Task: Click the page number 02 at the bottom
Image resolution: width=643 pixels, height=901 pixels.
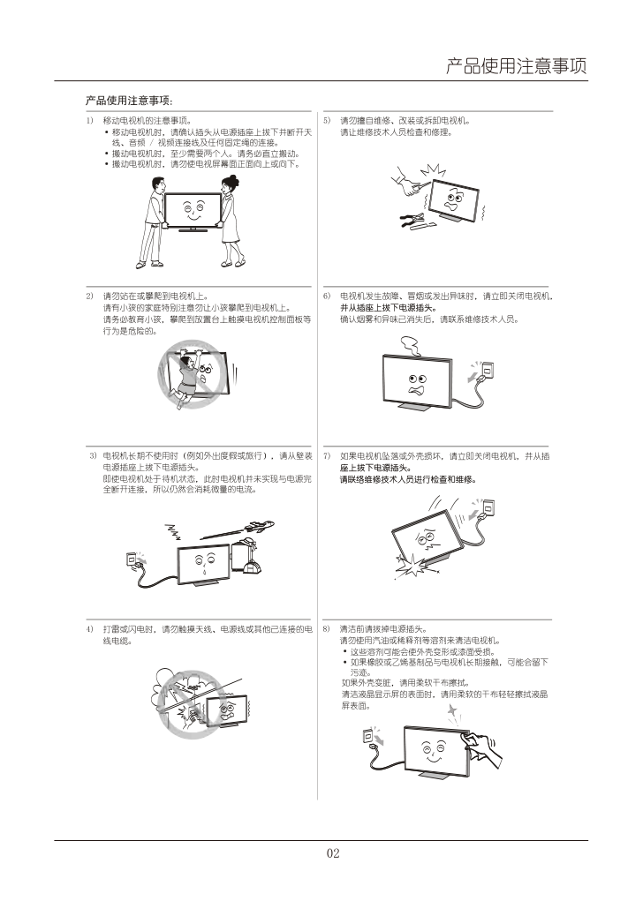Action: (x=333, y=853)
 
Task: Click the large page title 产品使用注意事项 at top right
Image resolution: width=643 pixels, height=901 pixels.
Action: (x=516, y=66)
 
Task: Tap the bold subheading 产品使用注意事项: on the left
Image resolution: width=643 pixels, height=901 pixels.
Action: (x=129, y=101)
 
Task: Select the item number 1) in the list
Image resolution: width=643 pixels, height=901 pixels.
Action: (x=89, y=121)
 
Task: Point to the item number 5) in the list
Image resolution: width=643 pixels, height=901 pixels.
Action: (x=327, y=121)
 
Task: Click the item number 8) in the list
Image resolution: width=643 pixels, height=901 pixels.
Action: (x=326, y=629)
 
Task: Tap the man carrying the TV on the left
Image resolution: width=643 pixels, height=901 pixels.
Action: (x=151, y=223)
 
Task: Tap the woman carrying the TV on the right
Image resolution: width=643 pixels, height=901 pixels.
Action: (x=231, y=221)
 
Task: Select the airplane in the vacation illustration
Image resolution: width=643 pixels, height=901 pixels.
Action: (x=258, y=526)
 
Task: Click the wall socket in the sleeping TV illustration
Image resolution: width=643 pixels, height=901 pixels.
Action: (x=132, y=559)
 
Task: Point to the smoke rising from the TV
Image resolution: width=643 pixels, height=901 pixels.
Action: (x=411, y=346)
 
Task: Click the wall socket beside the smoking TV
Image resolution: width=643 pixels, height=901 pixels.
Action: (x=488, y=369)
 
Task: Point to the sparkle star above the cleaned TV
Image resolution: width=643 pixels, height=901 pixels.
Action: (x=452, y=711)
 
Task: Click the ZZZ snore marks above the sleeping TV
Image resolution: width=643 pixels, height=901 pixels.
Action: (x=173, y=533)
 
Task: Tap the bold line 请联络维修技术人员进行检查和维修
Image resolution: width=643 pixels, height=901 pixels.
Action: (x=408, y=480)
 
